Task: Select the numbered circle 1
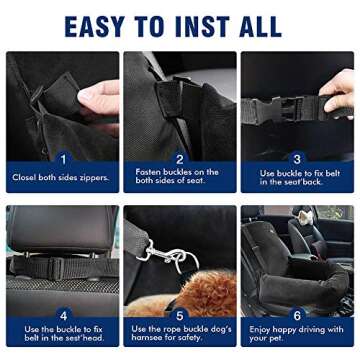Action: click(62, 158)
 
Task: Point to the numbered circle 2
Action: click(180, 158)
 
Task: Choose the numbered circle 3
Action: click(297, 158)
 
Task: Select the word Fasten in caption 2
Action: click(149, 172)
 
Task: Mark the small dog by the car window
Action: click(305, 217)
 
